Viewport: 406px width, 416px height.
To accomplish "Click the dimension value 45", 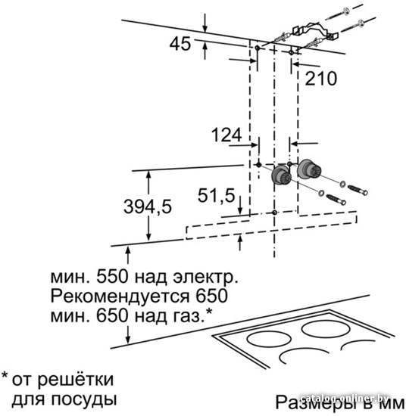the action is [x=180, y=44].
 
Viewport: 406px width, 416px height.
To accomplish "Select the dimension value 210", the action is [x=321, y=79].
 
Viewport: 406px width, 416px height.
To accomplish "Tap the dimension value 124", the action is [x=226, y=135].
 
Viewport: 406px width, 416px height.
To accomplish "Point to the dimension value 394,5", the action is [x=148, y=206].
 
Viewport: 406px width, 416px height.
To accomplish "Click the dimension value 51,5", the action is [x=217, y=196].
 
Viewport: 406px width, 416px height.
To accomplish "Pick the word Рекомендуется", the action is [x=120, y=296].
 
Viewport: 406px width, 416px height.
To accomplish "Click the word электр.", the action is [x=205, y=277].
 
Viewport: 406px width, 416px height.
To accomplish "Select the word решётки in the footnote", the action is [x=75, y=380].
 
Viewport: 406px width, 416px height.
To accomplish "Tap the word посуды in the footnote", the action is [x=84, y=400].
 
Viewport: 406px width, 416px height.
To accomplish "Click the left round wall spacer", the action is [x=281, y=175].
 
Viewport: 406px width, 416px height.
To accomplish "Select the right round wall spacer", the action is [x=308, y=169].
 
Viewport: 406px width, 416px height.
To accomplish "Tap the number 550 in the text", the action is [x=112, y=277].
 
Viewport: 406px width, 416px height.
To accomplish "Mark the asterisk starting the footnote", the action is [x=5, y=376].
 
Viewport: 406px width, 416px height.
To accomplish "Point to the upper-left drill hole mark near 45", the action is [x=258, y=48].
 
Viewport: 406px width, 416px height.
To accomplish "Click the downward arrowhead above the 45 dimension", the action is [x=205, y=29].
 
